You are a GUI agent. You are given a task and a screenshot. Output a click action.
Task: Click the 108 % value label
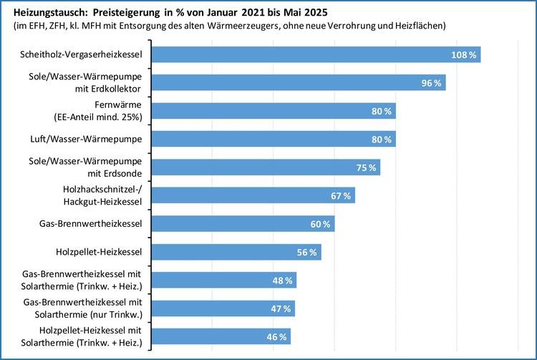(465, 54)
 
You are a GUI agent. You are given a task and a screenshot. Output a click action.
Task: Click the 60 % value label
(320, 224)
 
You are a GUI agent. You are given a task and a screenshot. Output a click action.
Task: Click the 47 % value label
(281, 308)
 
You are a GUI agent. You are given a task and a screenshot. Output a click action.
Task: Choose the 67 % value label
(341, 195)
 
